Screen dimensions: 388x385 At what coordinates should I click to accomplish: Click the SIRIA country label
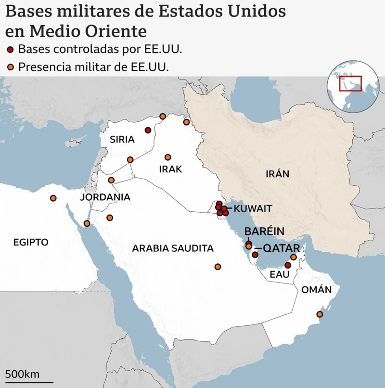point(122,140)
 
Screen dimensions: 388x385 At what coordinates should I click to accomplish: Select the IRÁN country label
point(278,174)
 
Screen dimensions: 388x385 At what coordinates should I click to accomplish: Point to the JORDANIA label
point(105,197)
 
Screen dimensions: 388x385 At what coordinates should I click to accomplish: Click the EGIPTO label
point(31,242)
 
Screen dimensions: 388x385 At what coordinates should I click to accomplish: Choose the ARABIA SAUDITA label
point(173,248)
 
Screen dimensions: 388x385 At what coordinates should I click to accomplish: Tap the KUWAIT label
point(253,208)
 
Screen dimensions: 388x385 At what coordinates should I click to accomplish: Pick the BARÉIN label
point(264,231)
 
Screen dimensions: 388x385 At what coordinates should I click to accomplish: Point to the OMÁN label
point(316,289)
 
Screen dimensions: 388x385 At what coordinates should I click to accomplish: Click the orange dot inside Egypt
point(53,198)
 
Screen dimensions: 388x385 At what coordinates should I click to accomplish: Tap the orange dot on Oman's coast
point(319,314)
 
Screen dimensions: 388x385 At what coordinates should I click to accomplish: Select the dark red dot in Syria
point(148,130)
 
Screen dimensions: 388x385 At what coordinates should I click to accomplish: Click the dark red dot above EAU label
point(288,265)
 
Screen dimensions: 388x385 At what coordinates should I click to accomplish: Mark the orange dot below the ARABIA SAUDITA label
point(218,267)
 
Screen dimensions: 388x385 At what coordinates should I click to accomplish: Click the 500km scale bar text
point(23,374)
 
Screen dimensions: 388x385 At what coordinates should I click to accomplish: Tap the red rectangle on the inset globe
point(350,83)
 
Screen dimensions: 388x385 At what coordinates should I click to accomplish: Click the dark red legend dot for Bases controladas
point(11,49)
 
